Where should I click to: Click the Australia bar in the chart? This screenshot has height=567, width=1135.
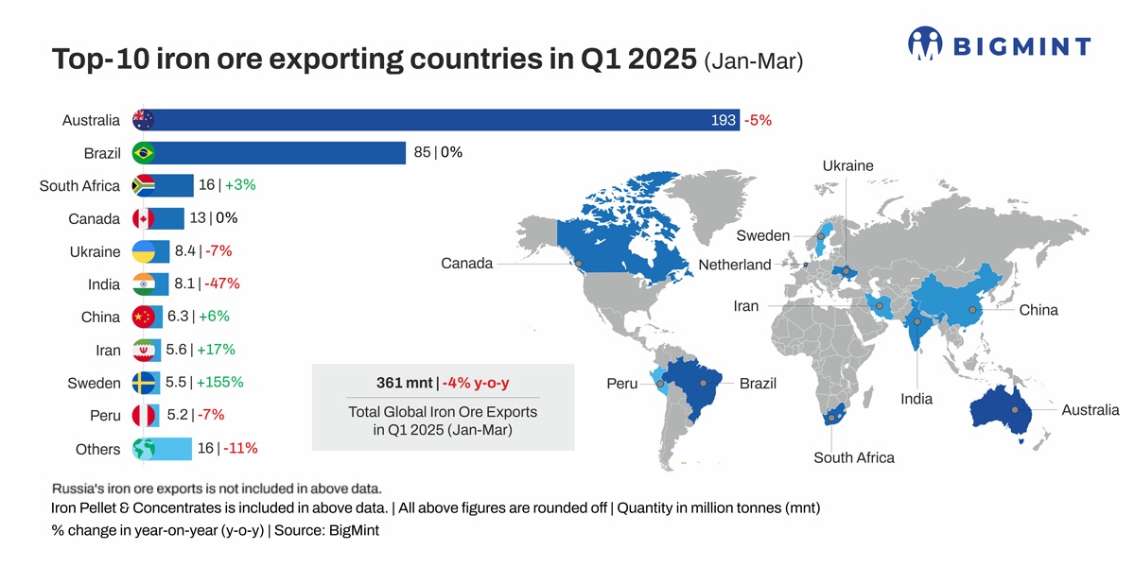tap(426, 120)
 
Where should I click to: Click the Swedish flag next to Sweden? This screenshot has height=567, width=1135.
tap(144, 383)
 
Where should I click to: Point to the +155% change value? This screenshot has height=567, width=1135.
tap(219, 383)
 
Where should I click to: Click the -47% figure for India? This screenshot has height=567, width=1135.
tap(221, 283)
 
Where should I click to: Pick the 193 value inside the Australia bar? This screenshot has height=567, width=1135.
tap(723, 120)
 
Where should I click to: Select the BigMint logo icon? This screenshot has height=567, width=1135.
tap(925, 43)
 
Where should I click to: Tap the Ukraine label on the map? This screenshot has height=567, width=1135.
tap(847, 166)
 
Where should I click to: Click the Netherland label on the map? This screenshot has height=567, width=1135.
tap(735, 265)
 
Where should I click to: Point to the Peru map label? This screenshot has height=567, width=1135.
tap(621, 385)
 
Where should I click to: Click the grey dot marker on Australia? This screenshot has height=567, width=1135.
tap(1014, 410)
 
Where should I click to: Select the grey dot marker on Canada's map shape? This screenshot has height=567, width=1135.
tap(578, 264)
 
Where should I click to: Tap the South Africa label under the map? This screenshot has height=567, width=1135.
tap(853, 458)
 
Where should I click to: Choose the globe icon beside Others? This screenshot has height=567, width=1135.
tap(144, 449)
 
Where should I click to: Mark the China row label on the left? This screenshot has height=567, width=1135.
tap(100, 318)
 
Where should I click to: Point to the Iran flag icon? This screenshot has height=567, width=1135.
tap(144, 351)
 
